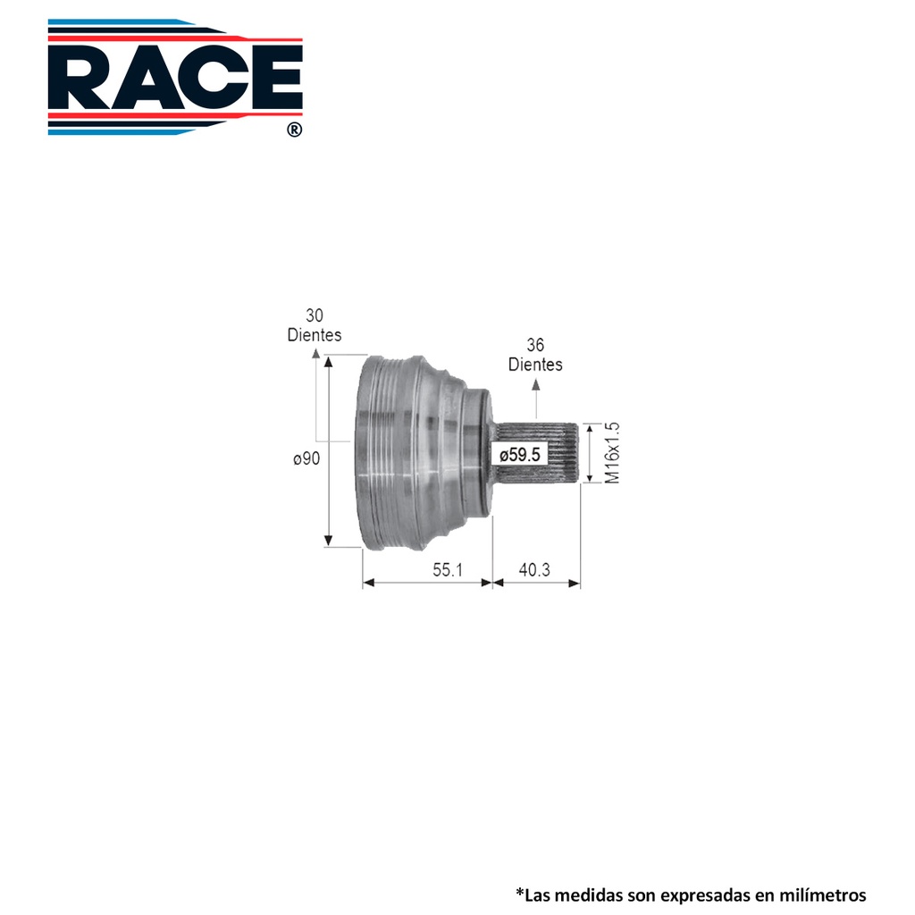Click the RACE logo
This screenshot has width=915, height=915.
coord(175,77)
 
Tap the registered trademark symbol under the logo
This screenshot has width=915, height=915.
coord(295,130)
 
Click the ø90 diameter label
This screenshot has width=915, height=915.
coord(306,458)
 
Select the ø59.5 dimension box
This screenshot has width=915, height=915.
coord(520,454)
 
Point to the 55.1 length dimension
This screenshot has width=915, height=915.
coord(448,569)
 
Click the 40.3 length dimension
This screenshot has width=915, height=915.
coord(534,569)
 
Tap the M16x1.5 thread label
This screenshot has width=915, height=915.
coord(612,453)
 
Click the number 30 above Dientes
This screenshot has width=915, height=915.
coord(314,315)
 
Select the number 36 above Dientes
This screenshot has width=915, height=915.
coord(535,344)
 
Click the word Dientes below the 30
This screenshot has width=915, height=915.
coord(315,335)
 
